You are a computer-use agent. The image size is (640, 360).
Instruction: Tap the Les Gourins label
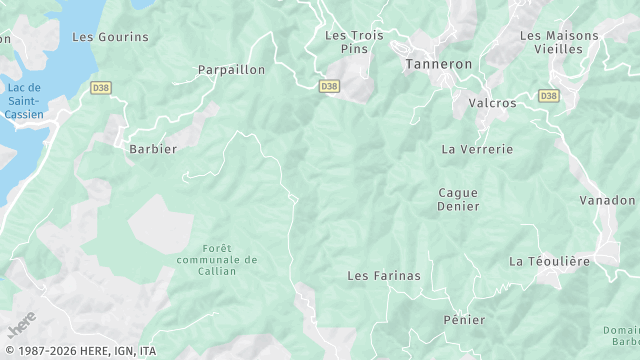(x=110, y=37)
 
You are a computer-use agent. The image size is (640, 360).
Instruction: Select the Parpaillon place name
(x=231, y=70)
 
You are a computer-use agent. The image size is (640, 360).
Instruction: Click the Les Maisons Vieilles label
(x=559, y=41)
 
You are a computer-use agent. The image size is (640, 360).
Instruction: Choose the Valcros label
(x=492, y=103)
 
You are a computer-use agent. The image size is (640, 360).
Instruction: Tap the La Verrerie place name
(x=477, y=149)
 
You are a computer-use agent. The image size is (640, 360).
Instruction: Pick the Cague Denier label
(x=458, y=199)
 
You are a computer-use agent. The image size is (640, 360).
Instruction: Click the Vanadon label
(x=607, y=200)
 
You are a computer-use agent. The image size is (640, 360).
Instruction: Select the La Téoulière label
(x=549, y=261)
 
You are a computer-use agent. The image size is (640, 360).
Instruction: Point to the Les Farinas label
(x=383, y=275)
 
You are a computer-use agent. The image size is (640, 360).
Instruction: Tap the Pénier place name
(x=463, y=320)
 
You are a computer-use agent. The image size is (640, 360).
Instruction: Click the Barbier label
(x=153, y=149)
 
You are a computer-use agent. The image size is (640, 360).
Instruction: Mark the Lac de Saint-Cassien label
(x=22, y=101)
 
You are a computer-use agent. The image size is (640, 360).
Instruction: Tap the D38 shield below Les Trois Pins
(x=329, y=87)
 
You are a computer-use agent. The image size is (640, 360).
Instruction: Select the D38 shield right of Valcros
(x=547, y=96)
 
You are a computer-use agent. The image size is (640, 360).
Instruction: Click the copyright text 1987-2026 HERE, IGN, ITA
(x=79, y=351)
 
